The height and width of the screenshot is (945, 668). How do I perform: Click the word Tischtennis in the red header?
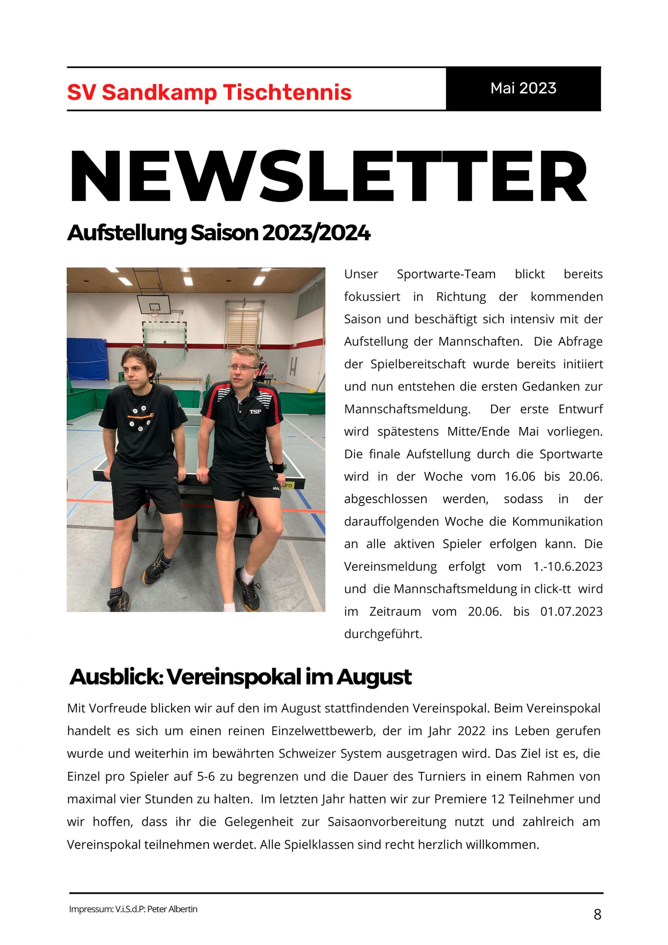pos(287,92)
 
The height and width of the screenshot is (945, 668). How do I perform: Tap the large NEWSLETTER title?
pos(328,177)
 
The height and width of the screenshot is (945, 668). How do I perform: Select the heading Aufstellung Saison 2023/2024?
pos(218,233)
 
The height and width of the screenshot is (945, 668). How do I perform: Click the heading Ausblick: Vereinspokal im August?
pos(240,677)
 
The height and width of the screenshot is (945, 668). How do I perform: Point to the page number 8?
pos(597,914)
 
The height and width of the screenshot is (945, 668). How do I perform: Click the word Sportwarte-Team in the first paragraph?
pos(446,274)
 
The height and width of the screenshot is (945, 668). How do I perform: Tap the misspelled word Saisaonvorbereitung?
pos(387,822)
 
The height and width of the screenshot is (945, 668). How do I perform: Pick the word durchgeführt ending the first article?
pos(383,634)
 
